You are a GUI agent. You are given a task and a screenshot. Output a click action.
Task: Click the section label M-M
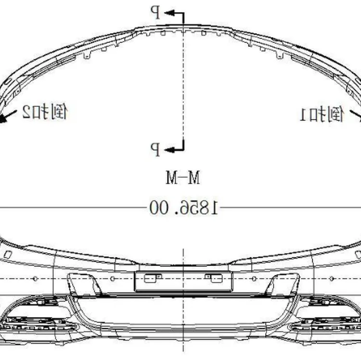pyautogui.click(x=182, y=178)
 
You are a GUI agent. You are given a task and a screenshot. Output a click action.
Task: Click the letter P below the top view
pyautogui.click(x=155, y=148)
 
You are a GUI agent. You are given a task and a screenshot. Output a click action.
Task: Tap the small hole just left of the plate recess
pyautogui.click(x=112, y=279)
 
